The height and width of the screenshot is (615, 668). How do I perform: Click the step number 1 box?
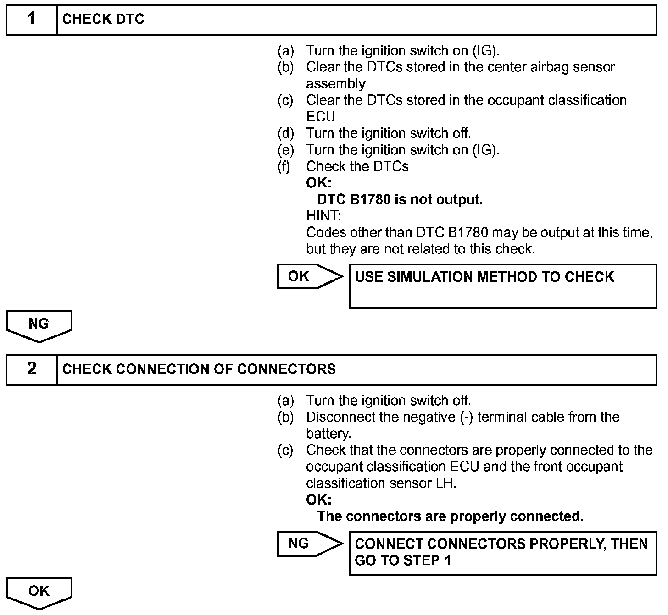[x=31, y=20]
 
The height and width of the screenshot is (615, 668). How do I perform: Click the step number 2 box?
[x=31, y=369]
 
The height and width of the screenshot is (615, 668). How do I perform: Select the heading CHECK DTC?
[x=103, y=20]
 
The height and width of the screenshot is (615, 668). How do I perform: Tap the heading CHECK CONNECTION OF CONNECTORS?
[x=199, y=369]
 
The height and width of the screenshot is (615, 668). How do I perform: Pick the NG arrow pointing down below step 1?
[x=39, y=325]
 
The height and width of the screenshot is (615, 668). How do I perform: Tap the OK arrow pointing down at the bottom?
[x=39, y=592]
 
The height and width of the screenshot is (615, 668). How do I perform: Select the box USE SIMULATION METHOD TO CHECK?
[x=502, y=286]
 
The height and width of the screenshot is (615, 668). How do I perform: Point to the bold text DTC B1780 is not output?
[x=400, y=200]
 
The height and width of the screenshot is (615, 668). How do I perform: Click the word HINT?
[x=323, y=216]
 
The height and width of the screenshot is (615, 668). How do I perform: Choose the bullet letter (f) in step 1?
[x=284, y=166]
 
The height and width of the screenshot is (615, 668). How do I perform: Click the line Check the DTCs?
[x=357, y=166]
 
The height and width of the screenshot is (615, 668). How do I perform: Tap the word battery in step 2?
[x=328, y=434]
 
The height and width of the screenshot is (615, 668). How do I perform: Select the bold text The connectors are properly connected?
[x=450, y=516]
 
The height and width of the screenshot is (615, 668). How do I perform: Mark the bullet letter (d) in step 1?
[x=285, y=133]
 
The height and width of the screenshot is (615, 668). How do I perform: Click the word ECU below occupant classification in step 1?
[x=321, y=117]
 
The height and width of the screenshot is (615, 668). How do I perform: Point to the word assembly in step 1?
[x=336, y=84]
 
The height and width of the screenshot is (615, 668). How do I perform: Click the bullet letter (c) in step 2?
[x=285, y=450]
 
